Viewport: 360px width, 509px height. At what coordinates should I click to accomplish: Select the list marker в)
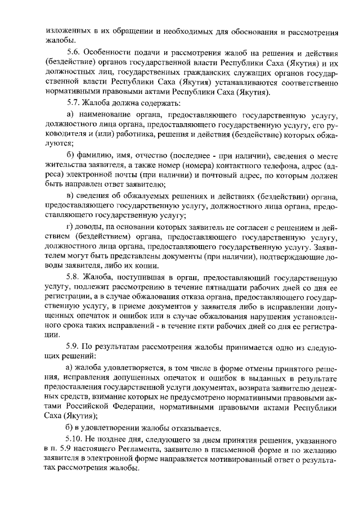click(x=70, y=195)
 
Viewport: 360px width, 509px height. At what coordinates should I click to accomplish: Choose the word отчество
click(x=153, y=155)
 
